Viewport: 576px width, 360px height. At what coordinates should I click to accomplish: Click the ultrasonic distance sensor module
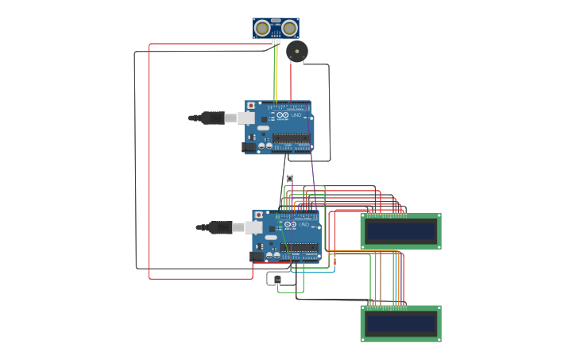(x=276, y=28)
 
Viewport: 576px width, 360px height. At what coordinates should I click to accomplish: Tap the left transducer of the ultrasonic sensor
(x=262, y=29)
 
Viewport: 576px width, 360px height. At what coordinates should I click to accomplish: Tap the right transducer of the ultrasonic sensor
(x=289, y=29)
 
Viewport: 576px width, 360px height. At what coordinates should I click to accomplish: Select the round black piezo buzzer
(x=296, y=52)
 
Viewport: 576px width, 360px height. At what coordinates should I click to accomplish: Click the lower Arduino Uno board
(x=287, y=236)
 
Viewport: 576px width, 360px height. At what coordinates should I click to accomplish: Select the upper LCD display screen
(x=400, y=231)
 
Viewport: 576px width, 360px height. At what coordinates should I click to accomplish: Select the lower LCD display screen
(x=400, y=324)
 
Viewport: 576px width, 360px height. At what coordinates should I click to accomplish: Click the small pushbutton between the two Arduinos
(x=289, y=178)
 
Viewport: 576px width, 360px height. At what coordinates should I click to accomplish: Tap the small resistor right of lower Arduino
(x=334, y=261)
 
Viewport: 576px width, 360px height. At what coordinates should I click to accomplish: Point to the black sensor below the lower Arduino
(x=276, y=279)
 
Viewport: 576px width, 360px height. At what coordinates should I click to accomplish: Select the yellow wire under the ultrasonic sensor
(x=275, y=72)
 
